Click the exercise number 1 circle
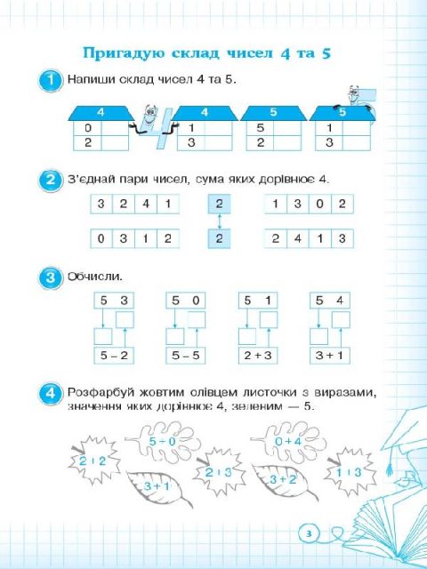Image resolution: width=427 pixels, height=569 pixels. click(50, 80)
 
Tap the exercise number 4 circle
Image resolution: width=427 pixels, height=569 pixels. click(50, 393)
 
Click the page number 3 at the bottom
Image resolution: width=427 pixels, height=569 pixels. click(309, 533)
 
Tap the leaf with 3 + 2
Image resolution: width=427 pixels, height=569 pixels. click(283, 480)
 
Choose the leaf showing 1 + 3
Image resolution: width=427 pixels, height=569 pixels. click(348, 472)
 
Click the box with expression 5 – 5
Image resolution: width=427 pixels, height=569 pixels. click(186, 356)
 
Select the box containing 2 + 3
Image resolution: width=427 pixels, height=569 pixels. click(258, 356)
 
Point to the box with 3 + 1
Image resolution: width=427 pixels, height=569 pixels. click(330, 356)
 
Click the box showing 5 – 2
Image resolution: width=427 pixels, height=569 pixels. click(114, 356)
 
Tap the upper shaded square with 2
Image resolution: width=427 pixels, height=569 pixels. click(219, 204)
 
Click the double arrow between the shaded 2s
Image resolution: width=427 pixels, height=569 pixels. click(219, 221)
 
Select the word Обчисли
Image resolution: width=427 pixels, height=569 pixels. click(95, 276)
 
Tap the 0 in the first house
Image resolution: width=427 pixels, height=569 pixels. click(87, 128)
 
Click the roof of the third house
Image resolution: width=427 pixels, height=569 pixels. click(274, 113)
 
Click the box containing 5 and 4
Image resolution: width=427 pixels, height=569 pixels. click(330, 301)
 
